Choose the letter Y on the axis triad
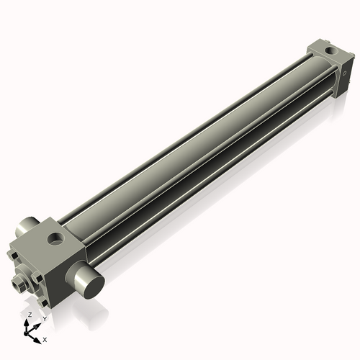(x=44, y=318)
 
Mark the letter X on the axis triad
(x=45, y=338)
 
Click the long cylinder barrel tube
(x=194, y=151)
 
